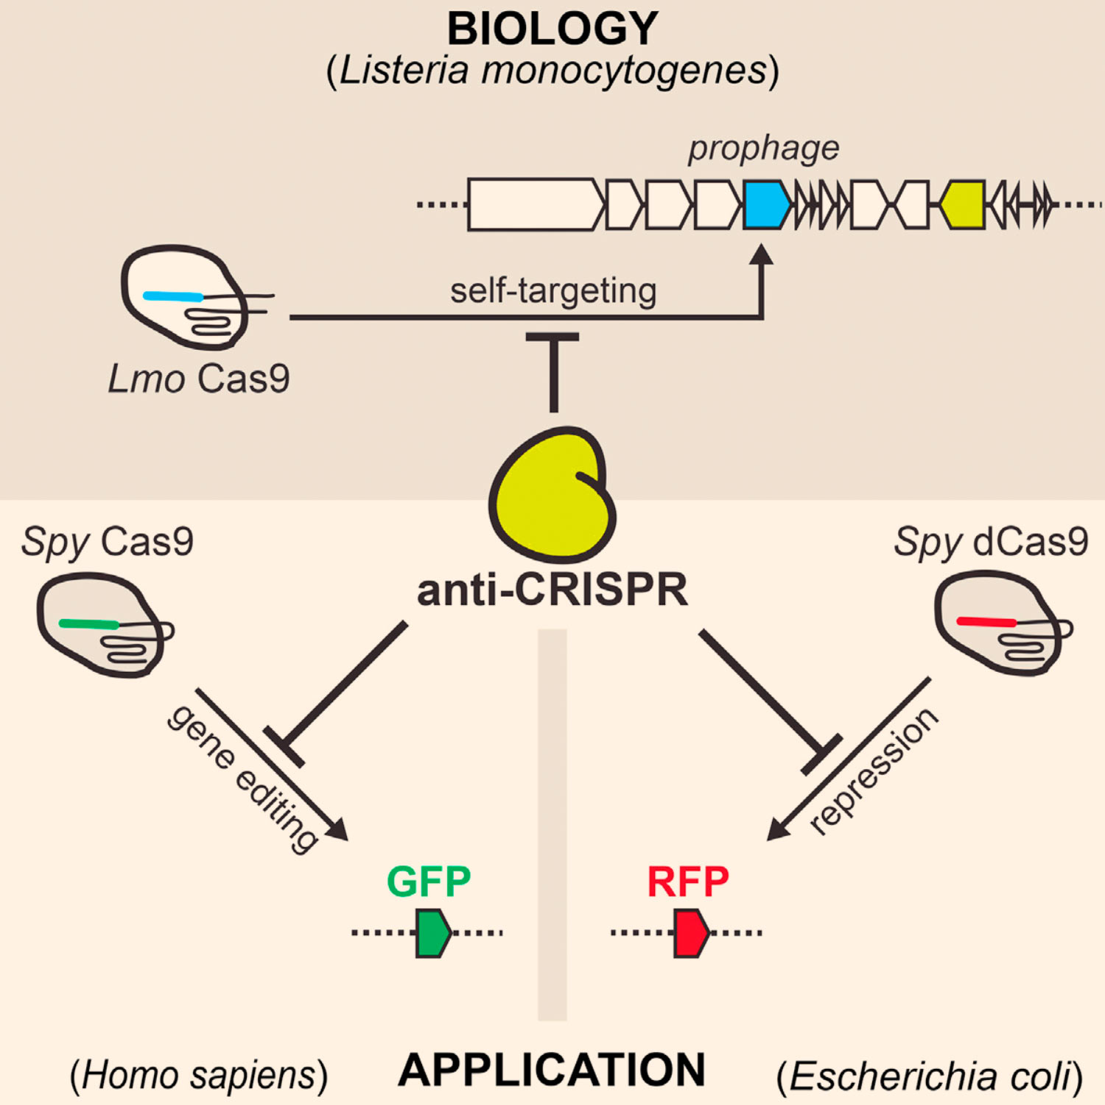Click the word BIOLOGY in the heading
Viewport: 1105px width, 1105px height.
coord(552,29)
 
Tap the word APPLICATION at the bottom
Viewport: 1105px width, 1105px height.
coord(552,1070)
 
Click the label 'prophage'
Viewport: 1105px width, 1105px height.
coord(764,149)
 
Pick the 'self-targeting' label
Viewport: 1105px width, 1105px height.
coord(553,290)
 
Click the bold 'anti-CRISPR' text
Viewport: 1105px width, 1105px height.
coord(552,590)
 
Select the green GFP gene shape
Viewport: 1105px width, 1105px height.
coord(432,933)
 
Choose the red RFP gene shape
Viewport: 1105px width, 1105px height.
coord(691,933)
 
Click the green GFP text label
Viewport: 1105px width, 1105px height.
coord(429,881)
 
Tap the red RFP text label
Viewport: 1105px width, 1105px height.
coord(688,881)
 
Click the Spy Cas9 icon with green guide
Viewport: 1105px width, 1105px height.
coord(99,626)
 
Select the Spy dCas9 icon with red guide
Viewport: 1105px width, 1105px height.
coord(998,623)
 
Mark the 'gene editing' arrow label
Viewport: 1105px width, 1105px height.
coord(243,778)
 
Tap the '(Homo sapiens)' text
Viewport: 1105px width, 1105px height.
coord(199,1076)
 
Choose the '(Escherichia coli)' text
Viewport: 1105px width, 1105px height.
coord(930,1077)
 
